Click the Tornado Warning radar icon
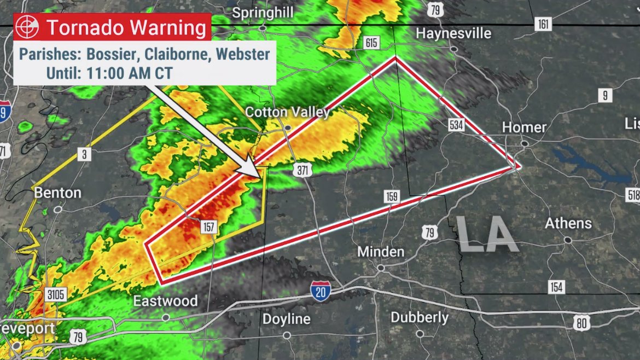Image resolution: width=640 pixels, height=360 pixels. coord(27,27)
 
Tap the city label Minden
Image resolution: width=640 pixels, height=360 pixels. coord(381,252)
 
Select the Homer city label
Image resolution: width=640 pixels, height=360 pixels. coord(524,127)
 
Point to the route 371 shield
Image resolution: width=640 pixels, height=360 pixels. coord(302,170)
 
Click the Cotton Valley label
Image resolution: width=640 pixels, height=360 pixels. coord(287,112)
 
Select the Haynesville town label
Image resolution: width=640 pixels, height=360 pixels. coord(453,33)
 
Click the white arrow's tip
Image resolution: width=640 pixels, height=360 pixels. coord(259,176)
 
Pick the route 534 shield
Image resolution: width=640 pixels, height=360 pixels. coord(456,125)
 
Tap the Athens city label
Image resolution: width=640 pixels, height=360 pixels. coord(568,223)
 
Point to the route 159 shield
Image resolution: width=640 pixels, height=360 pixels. coord(391,197)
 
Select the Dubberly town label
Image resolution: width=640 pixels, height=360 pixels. coord(420,317)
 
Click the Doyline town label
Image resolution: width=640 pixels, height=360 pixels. coord(286,319)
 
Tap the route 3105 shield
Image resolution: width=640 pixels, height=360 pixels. coord(56,295)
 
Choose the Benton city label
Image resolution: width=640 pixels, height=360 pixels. coord(57,193)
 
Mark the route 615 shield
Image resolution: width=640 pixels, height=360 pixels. coord(371,43)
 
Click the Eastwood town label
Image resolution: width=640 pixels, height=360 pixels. coord(166,301)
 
